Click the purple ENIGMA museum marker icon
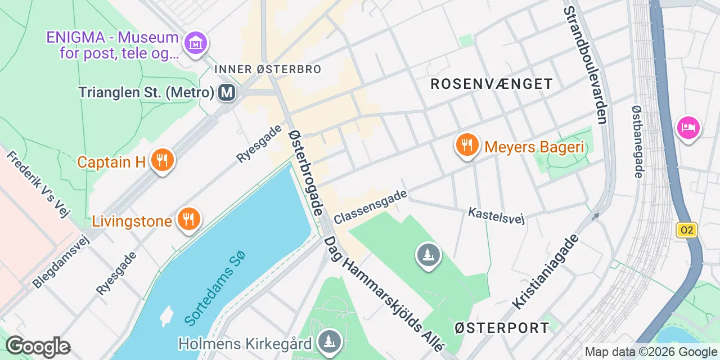click(196, 42)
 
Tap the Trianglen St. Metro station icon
click(227, 92)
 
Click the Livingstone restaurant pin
click(188, 220)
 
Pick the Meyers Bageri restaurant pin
click(467, 146)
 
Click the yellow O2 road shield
click(687, 230)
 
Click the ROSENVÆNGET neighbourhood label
click(492, 84)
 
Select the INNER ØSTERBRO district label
click(268, 69)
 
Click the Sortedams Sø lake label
click(215, 288)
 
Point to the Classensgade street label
click(370, 207)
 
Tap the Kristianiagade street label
click(545, 271)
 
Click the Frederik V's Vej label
click(38, 183)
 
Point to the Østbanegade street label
click(637, 142)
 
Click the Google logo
click(38, 346)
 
